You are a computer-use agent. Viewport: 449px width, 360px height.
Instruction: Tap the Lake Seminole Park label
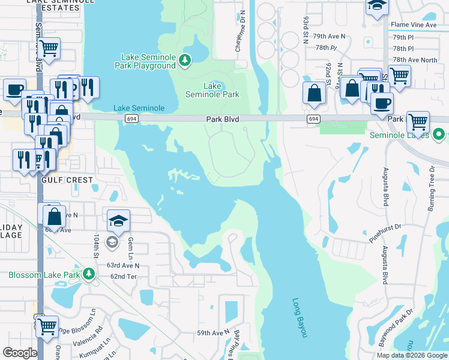(x=212, y=90)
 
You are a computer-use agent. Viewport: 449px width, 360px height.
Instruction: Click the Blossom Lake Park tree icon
(x=89, y=275)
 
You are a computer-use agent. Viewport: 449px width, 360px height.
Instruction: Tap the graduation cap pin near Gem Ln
(x=119, y=221)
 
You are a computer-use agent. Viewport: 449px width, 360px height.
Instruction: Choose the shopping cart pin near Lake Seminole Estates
(x=49, y=48)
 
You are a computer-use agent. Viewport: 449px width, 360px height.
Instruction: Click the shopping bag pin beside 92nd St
(x=314, y=94)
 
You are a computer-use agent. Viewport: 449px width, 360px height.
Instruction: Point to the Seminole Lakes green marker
(x=439, y=134)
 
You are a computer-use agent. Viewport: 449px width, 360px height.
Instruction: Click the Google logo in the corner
(x=20, y=353)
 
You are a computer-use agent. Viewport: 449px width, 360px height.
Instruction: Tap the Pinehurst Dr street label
(x=385, y=231)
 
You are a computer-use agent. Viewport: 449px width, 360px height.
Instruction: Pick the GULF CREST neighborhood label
(x=67, y=180)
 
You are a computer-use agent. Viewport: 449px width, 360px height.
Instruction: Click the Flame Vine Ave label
(x=414, y=25)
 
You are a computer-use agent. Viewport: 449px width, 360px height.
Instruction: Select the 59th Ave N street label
(x=214, y=332)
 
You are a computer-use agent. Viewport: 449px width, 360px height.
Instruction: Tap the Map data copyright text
(x=411, y=355)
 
